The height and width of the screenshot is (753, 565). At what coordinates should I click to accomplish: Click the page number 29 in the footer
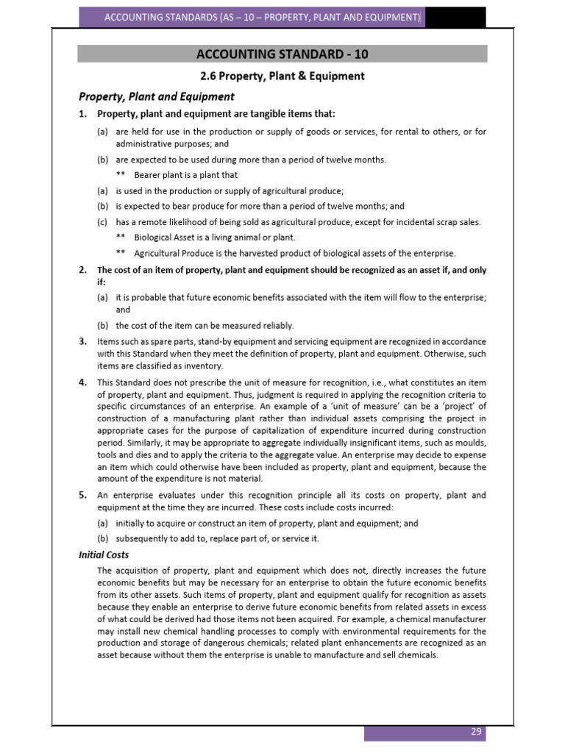476,732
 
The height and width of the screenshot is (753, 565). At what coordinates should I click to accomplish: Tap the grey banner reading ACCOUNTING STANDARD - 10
282,54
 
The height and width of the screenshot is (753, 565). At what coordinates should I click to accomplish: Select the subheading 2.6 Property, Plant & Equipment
282,76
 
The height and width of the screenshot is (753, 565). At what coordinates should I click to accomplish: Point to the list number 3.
83,341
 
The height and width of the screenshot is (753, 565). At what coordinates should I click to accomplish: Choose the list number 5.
83,495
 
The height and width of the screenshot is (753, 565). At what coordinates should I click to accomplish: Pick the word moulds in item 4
468,443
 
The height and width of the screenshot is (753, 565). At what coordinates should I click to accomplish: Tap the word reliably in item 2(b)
275,325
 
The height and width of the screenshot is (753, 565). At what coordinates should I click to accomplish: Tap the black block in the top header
454,16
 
